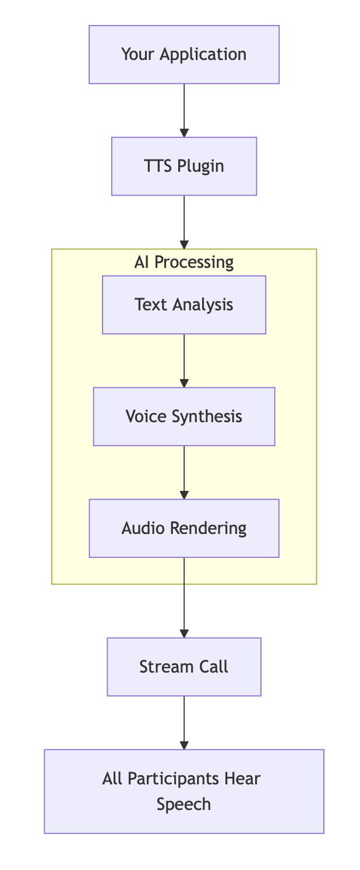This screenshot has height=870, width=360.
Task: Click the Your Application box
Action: coord(184,55)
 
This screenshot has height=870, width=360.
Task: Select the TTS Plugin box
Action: coord(184,166)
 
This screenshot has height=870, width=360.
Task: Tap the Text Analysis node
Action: coord(184,305)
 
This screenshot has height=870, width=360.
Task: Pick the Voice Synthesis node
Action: coord(184,416)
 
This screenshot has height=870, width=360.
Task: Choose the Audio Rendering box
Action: coord(184,528)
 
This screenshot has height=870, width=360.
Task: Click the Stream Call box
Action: coord(184,667)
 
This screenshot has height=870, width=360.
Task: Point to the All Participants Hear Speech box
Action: coord(184,791)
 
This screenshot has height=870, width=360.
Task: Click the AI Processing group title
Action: coord(184,262)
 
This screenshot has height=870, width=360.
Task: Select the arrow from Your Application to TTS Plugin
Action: coord(184,111)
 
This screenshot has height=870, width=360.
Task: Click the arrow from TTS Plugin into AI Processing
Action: coord(184,222)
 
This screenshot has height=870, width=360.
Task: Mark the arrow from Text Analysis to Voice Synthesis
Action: coord(184,361)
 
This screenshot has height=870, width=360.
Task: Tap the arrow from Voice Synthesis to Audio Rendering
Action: coord(184,473)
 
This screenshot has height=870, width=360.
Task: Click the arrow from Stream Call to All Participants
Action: coord(184,723)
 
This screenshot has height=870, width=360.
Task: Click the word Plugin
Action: coord(200,166)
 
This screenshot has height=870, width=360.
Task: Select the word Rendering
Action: coord(207,528)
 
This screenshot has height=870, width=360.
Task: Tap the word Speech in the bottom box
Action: coord(184,804)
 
